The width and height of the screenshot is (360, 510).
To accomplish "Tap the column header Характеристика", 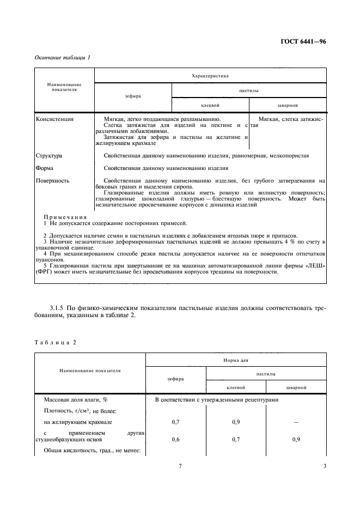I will point(210,76).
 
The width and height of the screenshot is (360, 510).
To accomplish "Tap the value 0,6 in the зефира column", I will point(176,439).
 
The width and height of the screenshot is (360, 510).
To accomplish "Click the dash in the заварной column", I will point(296,422).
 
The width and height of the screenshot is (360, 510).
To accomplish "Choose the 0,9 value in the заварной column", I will point(296,439).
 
